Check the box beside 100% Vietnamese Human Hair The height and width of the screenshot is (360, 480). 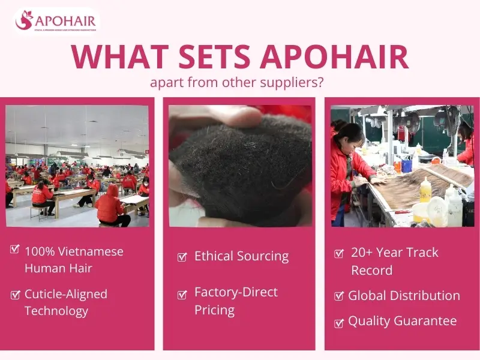tap(15, 250)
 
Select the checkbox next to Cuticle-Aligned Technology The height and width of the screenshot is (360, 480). tap(15, 294)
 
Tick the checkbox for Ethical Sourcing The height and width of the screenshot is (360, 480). tap(182, 257)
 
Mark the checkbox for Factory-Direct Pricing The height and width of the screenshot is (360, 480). tap(182, 295)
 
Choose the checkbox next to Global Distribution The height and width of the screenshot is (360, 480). tap(339, 296)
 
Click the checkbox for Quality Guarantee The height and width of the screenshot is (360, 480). tap(339, 323)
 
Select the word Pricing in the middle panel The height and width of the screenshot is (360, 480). tap(214, 310)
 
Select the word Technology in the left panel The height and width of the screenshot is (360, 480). tap(56, 311)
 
